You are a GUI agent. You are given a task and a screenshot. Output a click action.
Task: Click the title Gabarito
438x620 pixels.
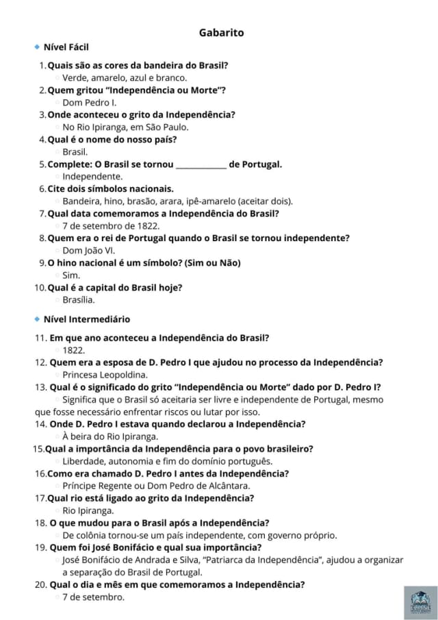[x=221, y=32]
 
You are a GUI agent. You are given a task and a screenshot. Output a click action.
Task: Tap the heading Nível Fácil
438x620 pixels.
[x=66, y=47]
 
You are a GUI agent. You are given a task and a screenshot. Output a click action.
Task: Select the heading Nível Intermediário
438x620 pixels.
[x=86, y=319]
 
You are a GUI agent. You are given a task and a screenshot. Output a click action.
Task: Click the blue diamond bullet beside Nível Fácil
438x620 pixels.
[x=36, y=47]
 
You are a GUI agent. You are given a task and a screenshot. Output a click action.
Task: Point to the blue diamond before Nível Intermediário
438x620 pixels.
[x=36, y=319]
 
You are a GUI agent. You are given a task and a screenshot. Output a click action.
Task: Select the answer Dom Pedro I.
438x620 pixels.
[x=89, y=102]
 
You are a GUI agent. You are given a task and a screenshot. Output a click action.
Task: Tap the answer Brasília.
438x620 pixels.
[x=78, y=299]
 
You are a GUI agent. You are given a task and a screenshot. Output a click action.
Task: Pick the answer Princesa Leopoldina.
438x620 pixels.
[x=105, y=375]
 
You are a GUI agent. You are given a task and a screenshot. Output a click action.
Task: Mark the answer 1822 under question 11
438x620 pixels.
[x=73, y=350]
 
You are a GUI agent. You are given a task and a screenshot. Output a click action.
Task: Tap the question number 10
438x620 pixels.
[x=40, y=287]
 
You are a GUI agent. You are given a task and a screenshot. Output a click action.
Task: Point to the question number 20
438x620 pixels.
[x=40, y=584]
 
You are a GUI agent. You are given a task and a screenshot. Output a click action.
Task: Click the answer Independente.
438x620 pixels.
[x=92, y=176]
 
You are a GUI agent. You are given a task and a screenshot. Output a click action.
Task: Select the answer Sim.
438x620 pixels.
[x=71, y=275]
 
